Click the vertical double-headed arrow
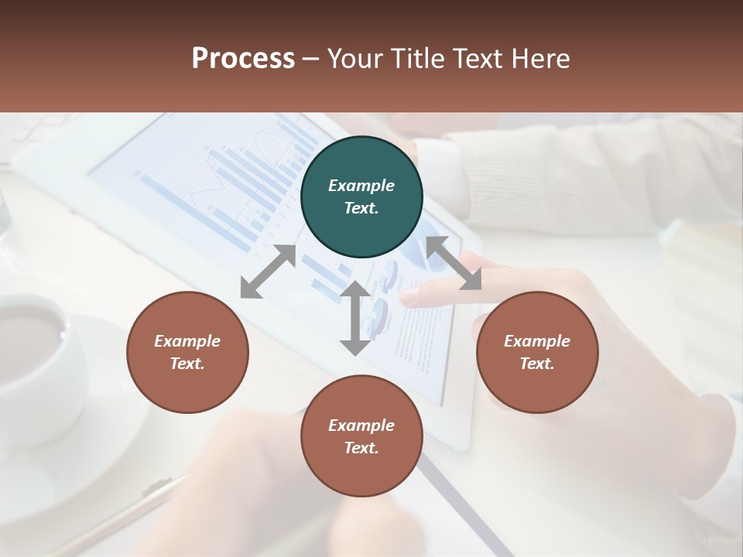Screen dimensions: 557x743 (x=355, y=318)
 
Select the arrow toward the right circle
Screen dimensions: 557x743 (x=454, y=263)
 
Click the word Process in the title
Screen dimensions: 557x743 (x=243, y=58)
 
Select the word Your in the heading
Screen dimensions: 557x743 (x=352, y=58)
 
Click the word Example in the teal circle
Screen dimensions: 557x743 (x=361, y=186)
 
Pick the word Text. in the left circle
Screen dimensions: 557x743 (x=187, y=364)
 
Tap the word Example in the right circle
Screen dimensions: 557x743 (x=537, y=341)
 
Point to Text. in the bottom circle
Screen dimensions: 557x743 (x=361, y=448)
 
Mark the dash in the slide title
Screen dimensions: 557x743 (x=311, y=59)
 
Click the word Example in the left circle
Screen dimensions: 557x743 (x=187, y=341)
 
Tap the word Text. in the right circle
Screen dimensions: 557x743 (x=537, y=364)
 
